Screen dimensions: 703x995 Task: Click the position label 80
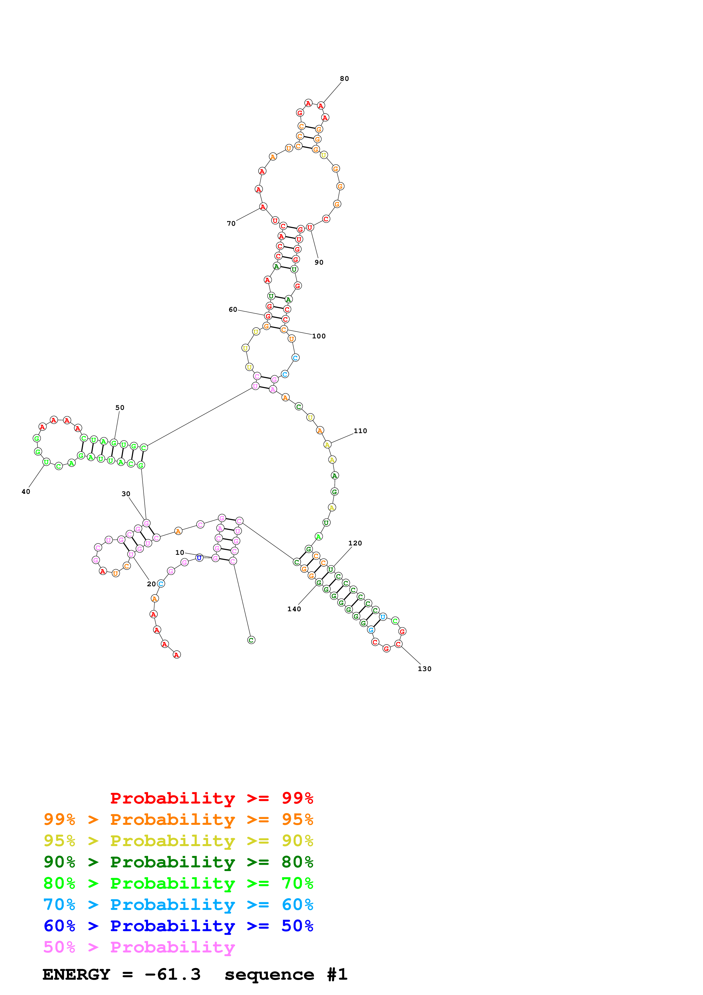click(x=344, y=79)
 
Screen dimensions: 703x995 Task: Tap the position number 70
click(x=231, y=224)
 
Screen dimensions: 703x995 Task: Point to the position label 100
click(x=318, y=336)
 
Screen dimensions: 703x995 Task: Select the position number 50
click(x=120, y=408)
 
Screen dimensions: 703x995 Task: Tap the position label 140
click(x=294, y=609)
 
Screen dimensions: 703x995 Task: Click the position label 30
click(x=126, y=494)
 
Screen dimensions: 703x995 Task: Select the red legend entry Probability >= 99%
click(x=211, y=798)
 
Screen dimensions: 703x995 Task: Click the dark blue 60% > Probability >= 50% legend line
click(x=178, y=926)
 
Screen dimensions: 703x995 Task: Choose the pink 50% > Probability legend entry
click(x=139, y=947)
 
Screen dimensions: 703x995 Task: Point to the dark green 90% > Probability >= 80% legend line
click(x=178, y=862)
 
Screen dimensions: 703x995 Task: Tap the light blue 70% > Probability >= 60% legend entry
click(x=178, y=905)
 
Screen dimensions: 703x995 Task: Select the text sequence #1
click(x=286, y=975)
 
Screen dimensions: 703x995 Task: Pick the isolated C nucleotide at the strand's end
click(x=251, y=640)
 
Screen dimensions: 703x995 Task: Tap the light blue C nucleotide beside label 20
click(x=161, y=584)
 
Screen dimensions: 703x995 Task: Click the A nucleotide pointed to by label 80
click(x=320, y=106)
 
